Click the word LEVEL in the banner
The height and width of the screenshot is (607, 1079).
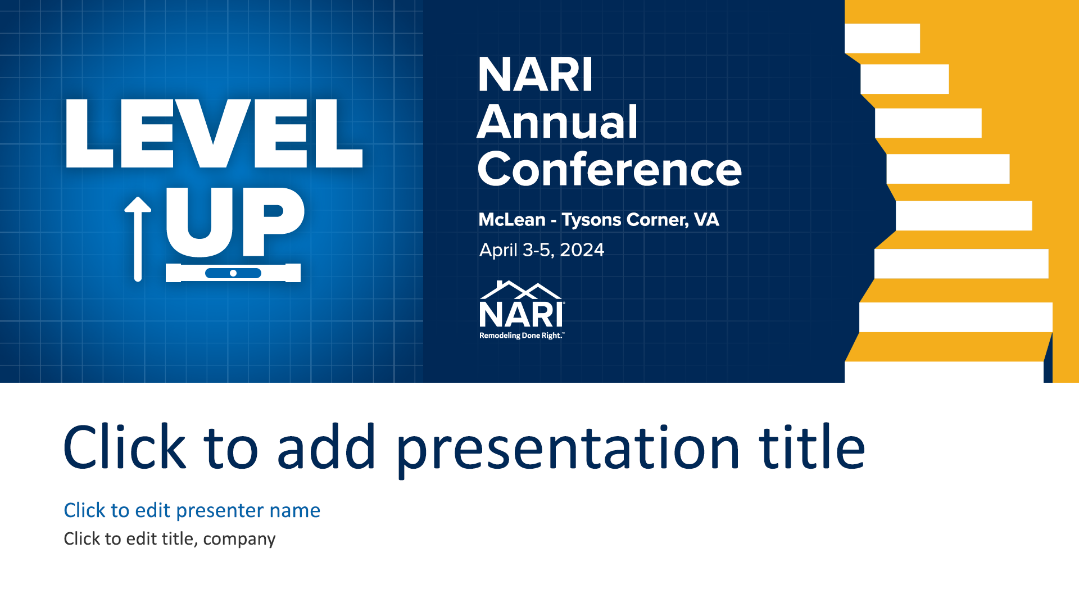(214, 134)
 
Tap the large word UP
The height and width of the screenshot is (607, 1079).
(235, 221)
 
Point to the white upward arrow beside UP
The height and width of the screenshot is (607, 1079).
(138, 239)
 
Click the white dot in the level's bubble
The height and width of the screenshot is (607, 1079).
(233, 273)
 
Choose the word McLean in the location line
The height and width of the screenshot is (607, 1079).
(512, 220)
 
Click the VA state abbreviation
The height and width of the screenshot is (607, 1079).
(706, 220)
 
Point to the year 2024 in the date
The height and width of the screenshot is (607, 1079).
(582, 250)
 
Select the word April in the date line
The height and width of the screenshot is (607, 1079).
(498, 251)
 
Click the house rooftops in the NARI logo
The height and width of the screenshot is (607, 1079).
(521, 290)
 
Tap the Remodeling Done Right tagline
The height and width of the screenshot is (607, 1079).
(521, 336)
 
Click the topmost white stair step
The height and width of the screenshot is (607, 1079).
(882, 38)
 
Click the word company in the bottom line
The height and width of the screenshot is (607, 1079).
(239, 540)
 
